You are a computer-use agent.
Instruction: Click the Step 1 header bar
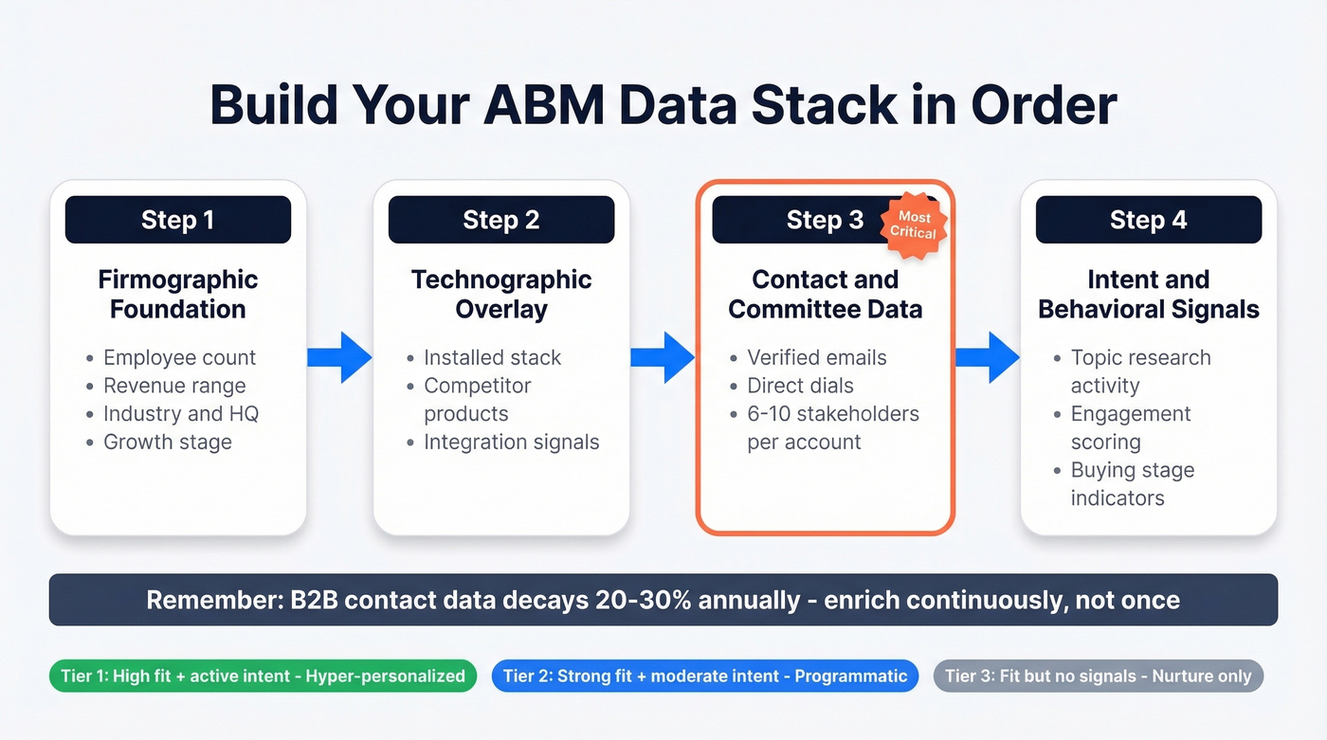[x=177, y=220]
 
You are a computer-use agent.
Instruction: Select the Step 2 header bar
[x=500, y=220]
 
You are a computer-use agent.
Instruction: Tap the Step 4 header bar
[x=1148, y=220]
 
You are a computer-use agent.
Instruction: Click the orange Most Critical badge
[x=913, y=226]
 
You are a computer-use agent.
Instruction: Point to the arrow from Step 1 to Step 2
[x=339, y=357]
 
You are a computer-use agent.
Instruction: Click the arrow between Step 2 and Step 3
[x=663, y=357]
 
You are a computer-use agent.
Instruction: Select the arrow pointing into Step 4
[x=987, y=357]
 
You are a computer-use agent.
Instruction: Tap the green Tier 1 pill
[x=263, y=676]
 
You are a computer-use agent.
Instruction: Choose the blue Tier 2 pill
[x=704, y=676]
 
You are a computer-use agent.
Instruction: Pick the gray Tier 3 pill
[x=1098, y=676]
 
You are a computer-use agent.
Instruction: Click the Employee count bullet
[x=179, y=357]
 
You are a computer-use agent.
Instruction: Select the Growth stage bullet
[x=167, y=442]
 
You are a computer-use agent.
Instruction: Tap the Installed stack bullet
[x=492, y=357]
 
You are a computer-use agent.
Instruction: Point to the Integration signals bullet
[x=511, y=442]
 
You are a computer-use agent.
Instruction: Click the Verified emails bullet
[x=816, y=357]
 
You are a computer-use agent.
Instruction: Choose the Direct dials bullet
[x=800, y=386]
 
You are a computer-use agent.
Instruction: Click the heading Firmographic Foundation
[x=177, y=294]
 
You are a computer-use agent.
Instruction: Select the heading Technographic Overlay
[x=500, y=294]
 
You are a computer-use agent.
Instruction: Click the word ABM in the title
[x=544, y=104]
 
